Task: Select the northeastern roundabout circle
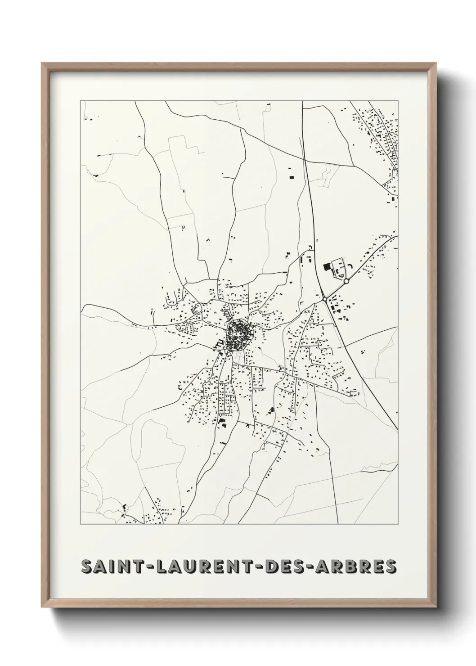[346, 281]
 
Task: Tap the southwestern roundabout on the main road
[324, 299]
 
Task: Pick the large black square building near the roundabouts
[326, 266]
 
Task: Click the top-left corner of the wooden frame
[42, 63]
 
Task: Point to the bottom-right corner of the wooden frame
[436, 607]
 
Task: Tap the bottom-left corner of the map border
[81, 524]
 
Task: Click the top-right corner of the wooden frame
[436, 63]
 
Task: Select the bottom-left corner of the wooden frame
[42, 607]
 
